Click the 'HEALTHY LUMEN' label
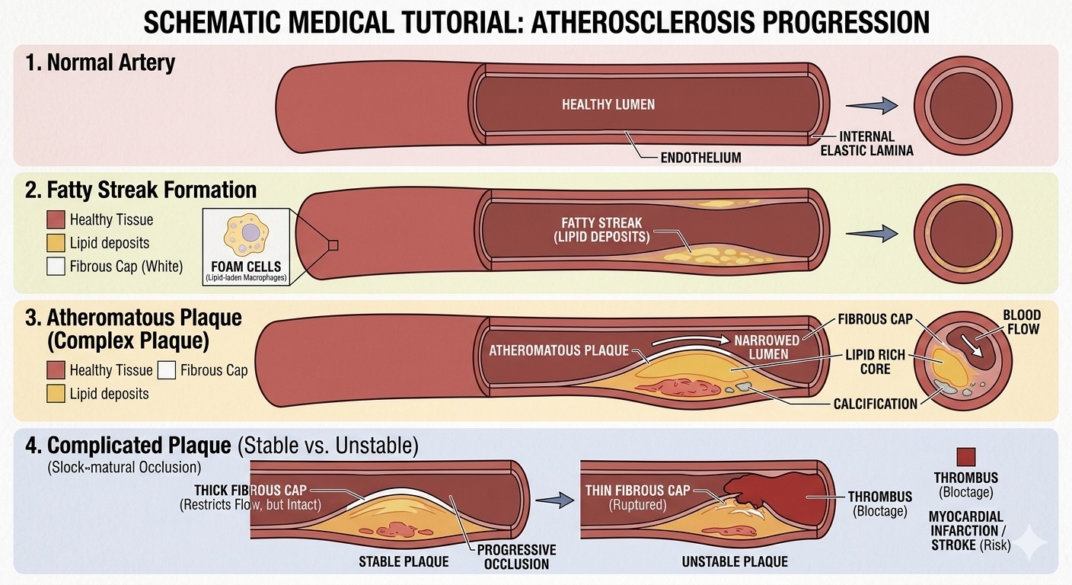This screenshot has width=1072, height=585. (608, 104)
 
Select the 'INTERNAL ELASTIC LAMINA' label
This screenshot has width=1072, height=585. (866, 143)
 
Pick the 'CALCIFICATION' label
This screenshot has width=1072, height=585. (876, 404)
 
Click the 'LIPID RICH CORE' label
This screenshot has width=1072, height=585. (876, 362)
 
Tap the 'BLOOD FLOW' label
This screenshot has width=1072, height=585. (1022, 322)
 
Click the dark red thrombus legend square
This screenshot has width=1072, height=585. (966, 456)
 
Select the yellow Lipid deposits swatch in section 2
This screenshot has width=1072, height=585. (56, 243)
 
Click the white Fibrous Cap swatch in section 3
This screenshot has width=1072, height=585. (165, 370)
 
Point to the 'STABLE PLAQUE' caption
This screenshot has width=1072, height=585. (404, 562)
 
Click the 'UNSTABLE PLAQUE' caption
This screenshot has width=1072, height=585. (734, 562)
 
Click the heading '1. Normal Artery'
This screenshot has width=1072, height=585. (100, 62)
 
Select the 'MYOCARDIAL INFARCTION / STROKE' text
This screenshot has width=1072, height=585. (965, 531)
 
